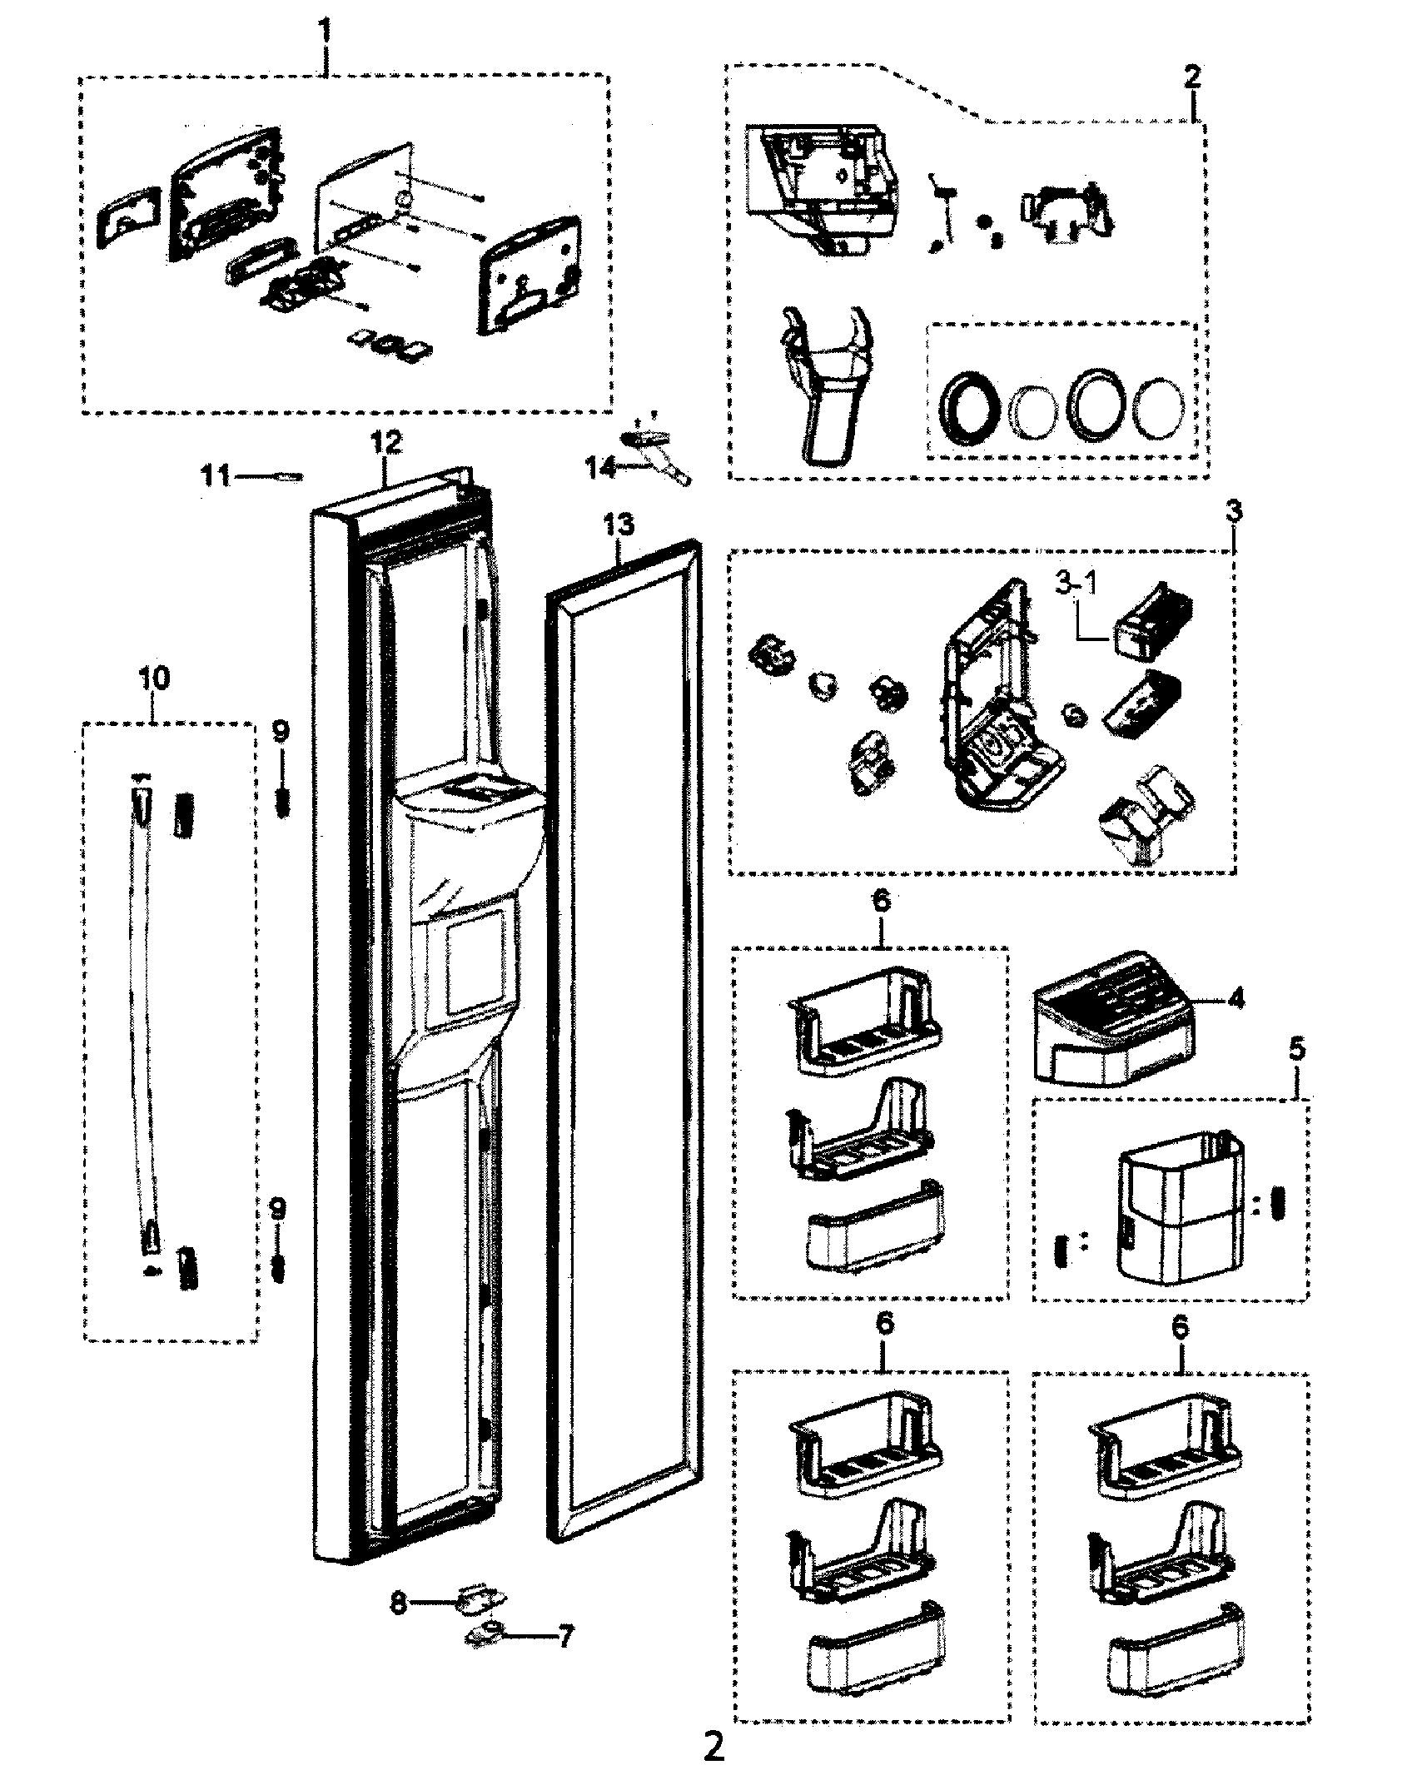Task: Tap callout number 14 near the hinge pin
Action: (x=601, y=469)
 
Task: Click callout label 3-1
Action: (x=1076, y=585)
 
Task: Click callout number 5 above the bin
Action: (x=1297, y=1052)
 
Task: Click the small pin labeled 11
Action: (x=289, y=477)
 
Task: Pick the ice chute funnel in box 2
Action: (x=822, y=383)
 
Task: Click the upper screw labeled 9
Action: (x=281, y=806)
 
